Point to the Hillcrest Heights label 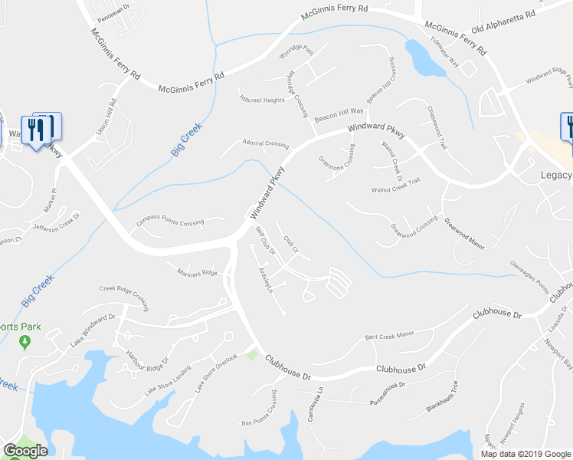click(x=262, y=100)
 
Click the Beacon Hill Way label click(x=338, y=110)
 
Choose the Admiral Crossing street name click(x=265, y=143)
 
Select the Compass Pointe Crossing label click(x=170, y=222)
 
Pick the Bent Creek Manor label click(x=389, y=335)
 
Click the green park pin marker click(x=24, y=340)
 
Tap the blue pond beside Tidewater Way click(x=424, y=60)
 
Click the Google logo click(x=25, y=451)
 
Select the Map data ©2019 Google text click(x=526, y=453)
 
